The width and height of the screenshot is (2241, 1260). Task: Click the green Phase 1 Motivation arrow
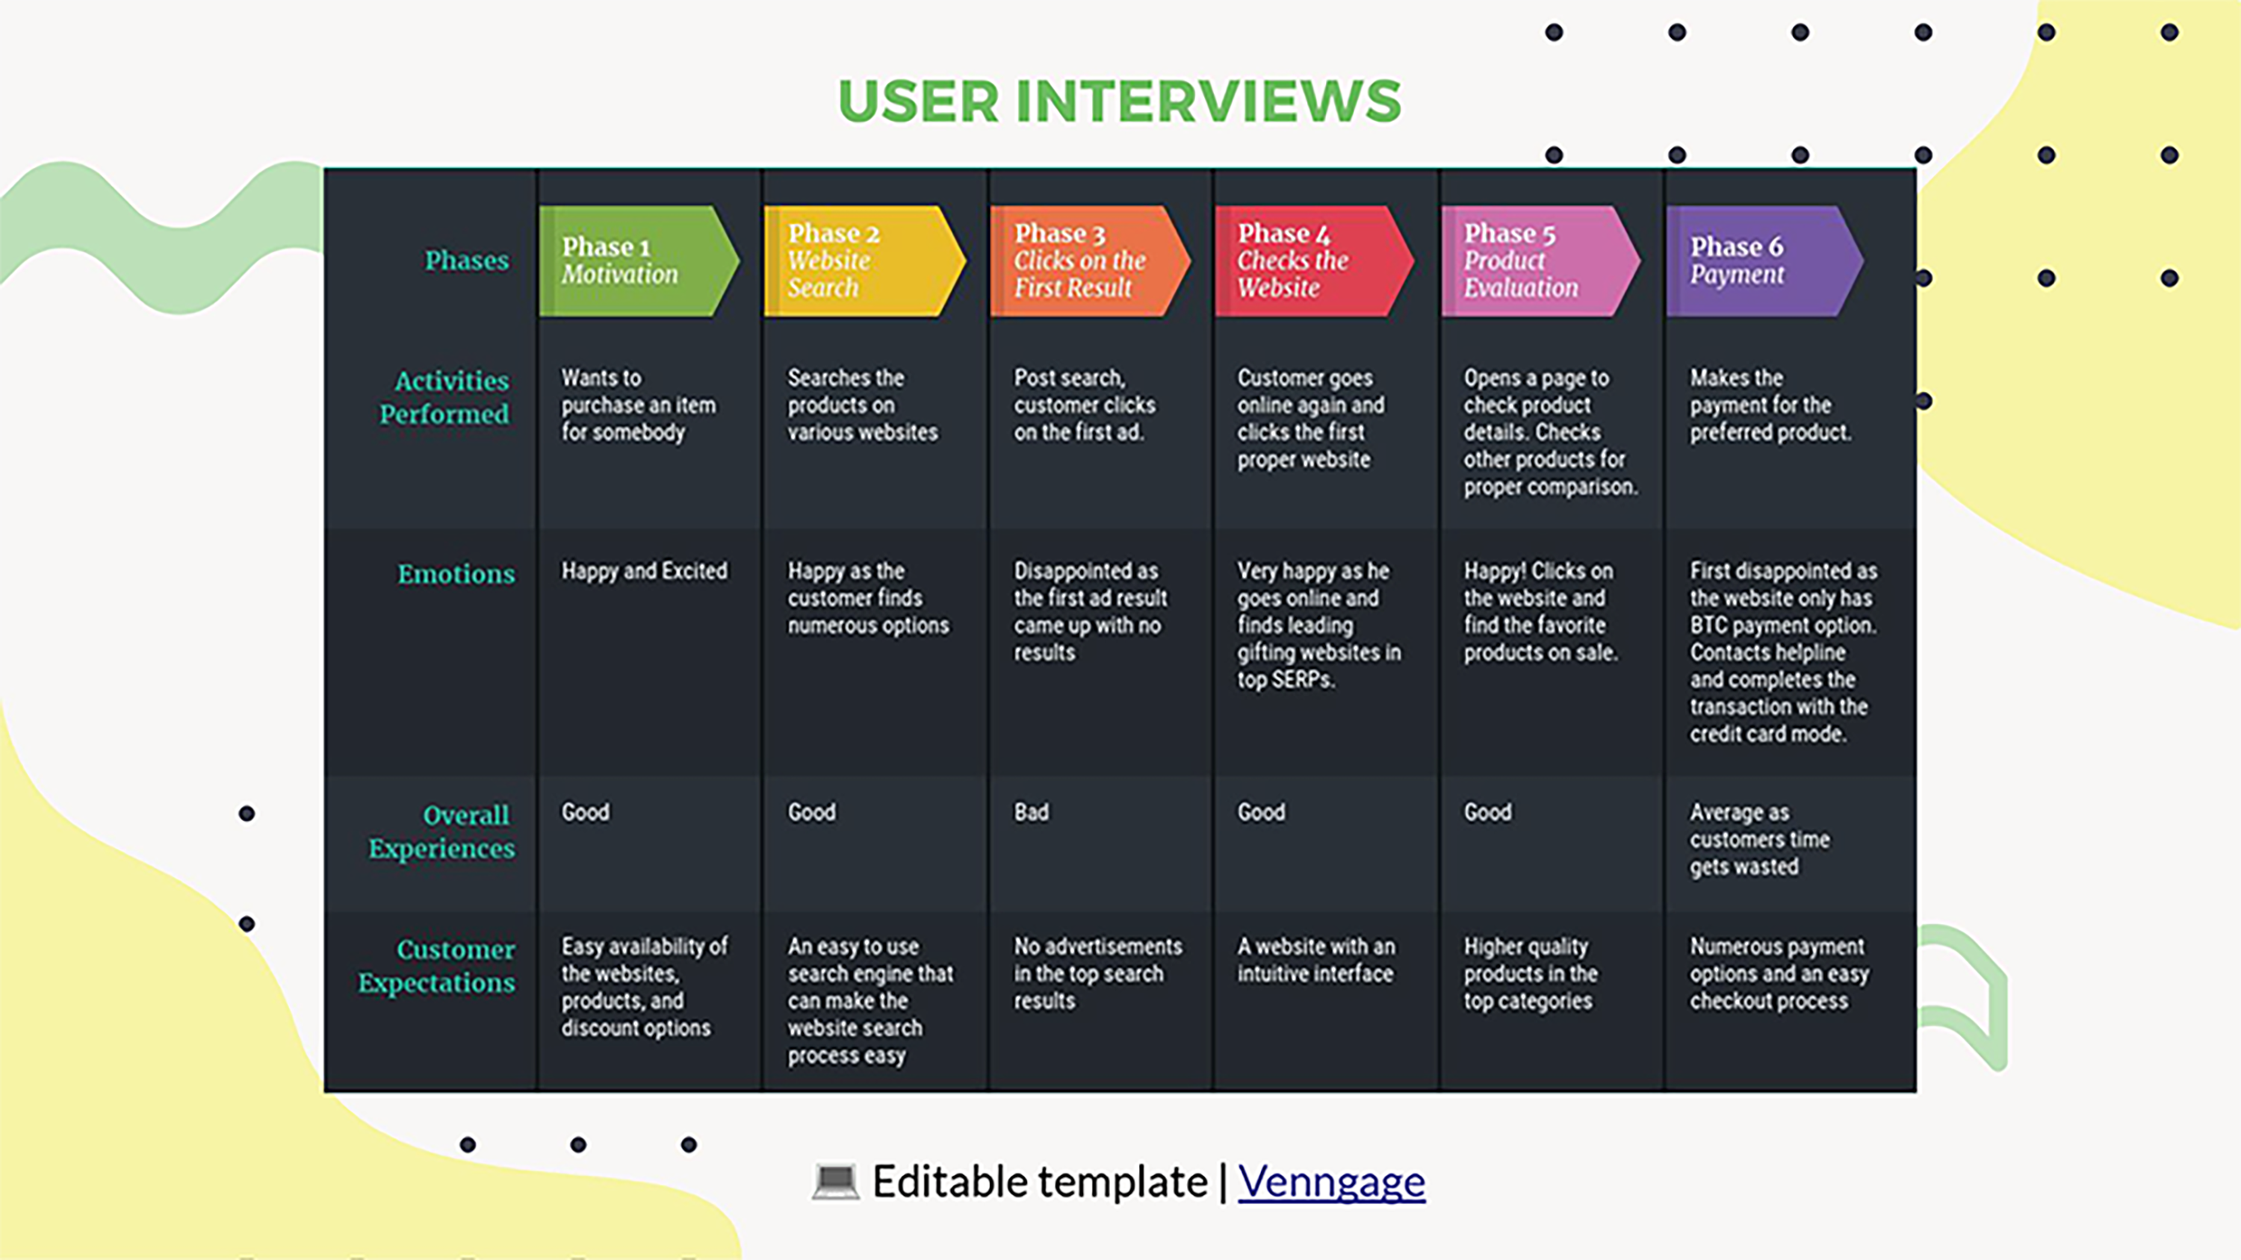tap(639, 261)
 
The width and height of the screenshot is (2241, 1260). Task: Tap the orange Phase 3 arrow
tap(1090, 261)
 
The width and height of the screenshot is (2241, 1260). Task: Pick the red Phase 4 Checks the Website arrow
tap(1315, 261)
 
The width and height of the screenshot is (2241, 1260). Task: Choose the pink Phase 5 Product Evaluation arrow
tap(1540, 261)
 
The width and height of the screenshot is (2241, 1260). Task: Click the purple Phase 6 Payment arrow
tap(1765, 261)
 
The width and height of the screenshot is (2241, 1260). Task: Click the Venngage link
tap(1331, 1182)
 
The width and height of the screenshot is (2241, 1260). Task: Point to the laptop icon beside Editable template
tap(835, 1182)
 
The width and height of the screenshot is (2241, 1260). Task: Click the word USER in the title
tap(919, 101)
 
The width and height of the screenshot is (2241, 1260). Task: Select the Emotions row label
tap(456, 574)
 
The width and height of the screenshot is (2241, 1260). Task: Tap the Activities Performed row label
tap(444, 397)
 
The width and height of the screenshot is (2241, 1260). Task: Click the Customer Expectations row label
tap(437, 966)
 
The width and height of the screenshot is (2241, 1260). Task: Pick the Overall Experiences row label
tap(442, 832)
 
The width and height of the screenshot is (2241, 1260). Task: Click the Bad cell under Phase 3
tap(1031, 812)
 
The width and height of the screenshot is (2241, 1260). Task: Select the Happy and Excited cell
tap(645, 570)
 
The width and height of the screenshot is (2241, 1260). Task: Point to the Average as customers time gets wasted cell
tap(1760, 839)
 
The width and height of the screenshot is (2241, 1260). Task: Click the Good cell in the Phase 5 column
tap(1487, 812)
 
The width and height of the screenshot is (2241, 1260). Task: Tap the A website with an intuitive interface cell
tap(1316, 960)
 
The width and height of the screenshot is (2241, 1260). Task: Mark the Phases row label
tap(466, 260)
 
